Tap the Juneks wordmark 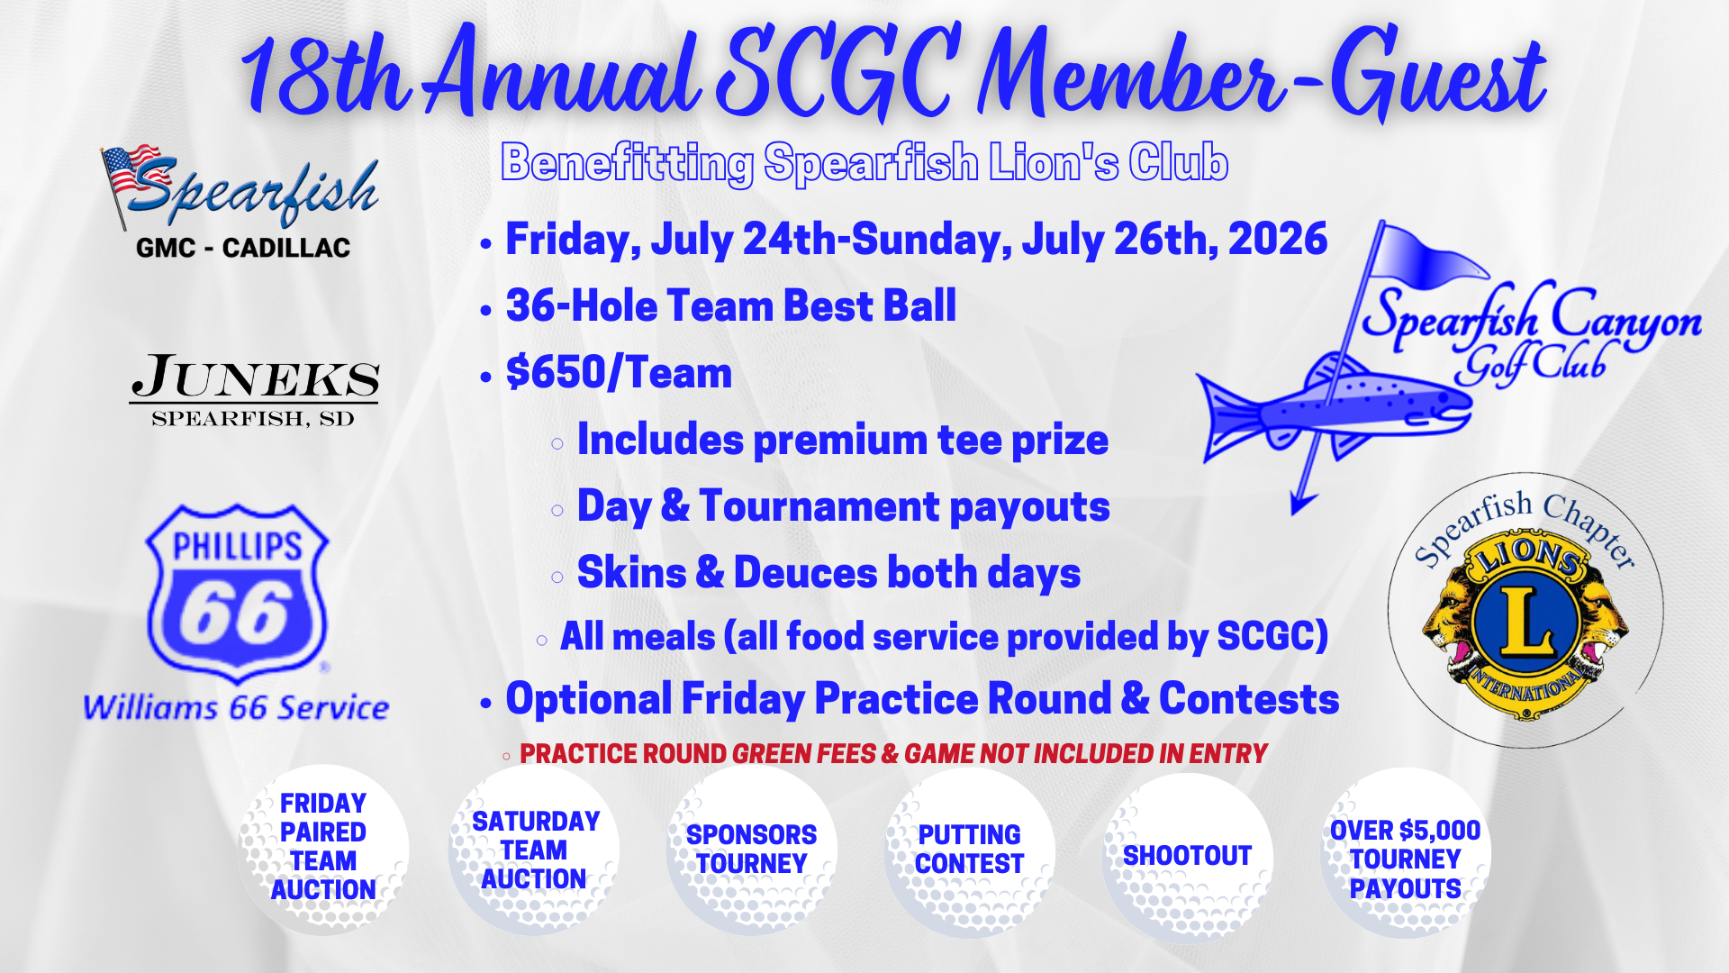[x=255, y=377]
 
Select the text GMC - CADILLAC [x=243, y=248]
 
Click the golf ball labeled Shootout [x=1188, y=857]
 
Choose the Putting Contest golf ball [x=970, y=851]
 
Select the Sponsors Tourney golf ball [x=752, y=850]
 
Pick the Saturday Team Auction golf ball [x=534, y=850]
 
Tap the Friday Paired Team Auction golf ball [x=323, y=849]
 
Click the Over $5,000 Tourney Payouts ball [x=1406, y=854]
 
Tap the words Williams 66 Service [x=236, y=707]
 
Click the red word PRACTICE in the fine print [x=623, y=754]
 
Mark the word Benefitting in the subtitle [x=627, y=164]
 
